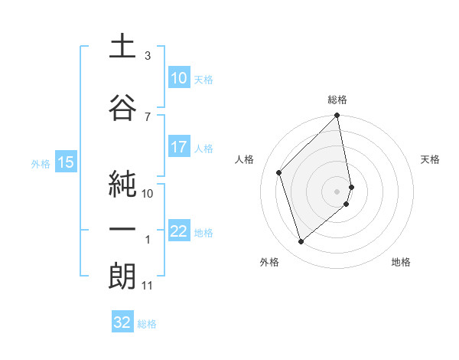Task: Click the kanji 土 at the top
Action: point(122,47)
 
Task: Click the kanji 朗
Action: point(122,277)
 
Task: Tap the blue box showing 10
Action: point(178,78)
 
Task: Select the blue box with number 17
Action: point(178,147)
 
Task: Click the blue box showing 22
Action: point(178,231)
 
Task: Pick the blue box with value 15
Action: point(65,162)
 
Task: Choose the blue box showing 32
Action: point(122,322)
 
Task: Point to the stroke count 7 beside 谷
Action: point(147,116)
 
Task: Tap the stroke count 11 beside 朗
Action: point(147,286)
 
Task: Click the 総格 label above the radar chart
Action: point(337,100)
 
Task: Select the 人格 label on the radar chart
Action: point(245,159)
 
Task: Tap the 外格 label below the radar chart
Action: point(269,262)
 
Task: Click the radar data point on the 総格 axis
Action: point(337,116)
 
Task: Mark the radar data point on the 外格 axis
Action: point(301,242)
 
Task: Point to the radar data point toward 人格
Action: point(279,172)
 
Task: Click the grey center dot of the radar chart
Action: point(337,191)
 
